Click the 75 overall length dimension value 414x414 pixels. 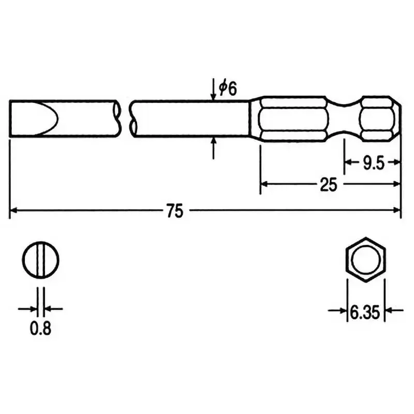[x=175, y=211]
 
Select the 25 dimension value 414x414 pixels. [x=329, y=185]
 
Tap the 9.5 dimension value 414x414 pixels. [x=373, y=164]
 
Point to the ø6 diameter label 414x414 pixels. [x=227, y=88]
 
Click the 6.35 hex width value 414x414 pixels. [x=365, y=312]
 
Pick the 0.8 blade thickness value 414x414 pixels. [x=41, y=328]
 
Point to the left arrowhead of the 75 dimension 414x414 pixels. [x=14, y=210]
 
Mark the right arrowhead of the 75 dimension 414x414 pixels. [x=397, y=210]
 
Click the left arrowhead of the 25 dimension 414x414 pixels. [x=264, y=183]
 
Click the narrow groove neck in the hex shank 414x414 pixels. [x=344, y=118]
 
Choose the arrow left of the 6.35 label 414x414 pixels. [x=342, y=310]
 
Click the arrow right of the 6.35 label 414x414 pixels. [x=389, y=310]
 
